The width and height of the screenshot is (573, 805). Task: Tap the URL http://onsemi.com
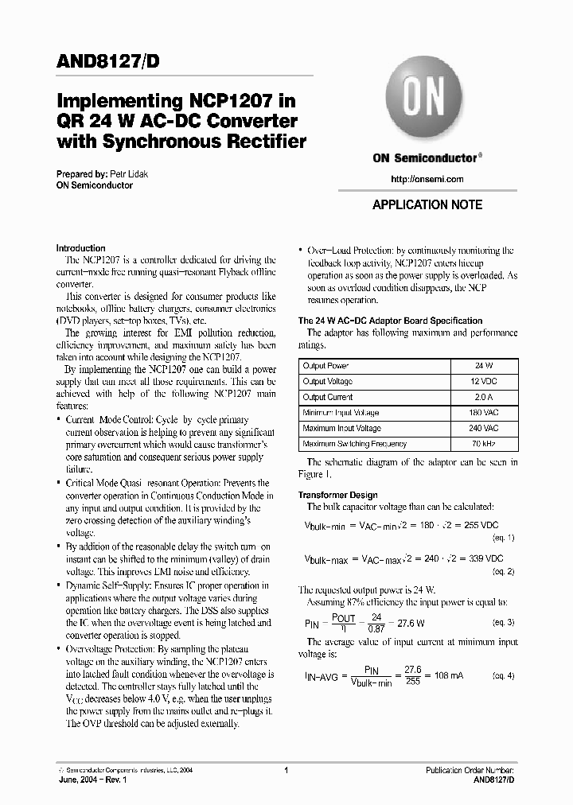427,179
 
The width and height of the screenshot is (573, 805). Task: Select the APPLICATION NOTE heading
427,204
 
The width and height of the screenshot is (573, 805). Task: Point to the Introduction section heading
81,248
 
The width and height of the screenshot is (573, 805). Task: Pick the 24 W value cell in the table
484,365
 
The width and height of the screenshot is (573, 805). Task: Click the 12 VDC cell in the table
484,381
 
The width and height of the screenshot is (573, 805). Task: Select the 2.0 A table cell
484,397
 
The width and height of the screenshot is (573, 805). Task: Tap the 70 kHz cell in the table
484,444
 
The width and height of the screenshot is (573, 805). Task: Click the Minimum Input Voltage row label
341,413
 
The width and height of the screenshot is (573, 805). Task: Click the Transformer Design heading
337,495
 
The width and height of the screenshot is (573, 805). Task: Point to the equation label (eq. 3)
503,622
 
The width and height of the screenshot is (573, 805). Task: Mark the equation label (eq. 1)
503,538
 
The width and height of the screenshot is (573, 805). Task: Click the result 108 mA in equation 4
446,675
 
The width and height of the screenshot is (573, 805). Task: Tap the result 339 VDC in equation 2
485,560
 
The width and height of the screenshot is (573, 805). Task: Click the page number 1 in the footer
285,770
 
